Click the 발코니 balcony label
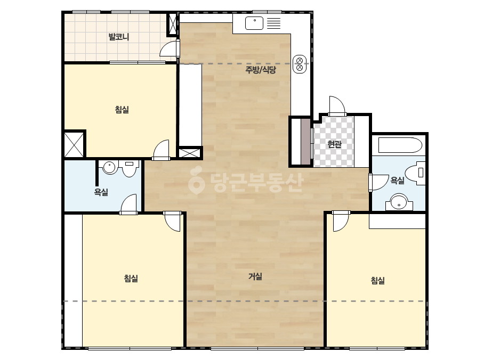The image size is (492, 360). (119, 37)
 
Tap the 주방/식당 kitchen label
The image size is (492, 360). (261, 70)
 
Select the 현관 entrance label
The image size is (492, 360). (334, 144)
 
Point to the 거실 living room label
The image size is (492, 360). (255, 276)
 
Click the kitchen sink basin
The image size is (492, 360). (254, 23)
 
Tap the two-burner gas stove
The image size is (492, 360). (300, 64)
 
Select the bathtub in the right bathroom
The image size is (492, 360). (400, 145)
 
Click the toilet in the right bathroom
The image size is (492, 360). (415, 173)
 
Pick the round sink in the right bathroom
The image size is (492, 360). (399, 202)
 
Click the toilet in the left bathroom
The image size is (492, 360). (130, 168)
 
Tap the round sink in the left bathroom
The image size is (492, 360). (109, 167)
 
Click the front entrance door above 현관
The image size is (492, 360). (337, 105)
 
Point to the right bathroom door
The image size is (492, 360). (378, 182)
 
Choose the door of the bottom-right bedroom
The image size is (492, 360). (341, 221)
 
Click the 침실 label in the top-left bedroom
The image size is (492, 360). (122, 110)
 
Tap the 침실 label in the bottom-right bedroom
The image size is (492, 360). (378, 280)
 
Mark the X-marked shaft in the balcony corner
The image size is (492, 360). (172, 24)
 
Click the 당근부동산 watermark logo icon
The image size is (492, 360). (196, 181)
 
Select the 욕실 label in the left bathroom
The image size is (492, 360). (101, 192)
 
